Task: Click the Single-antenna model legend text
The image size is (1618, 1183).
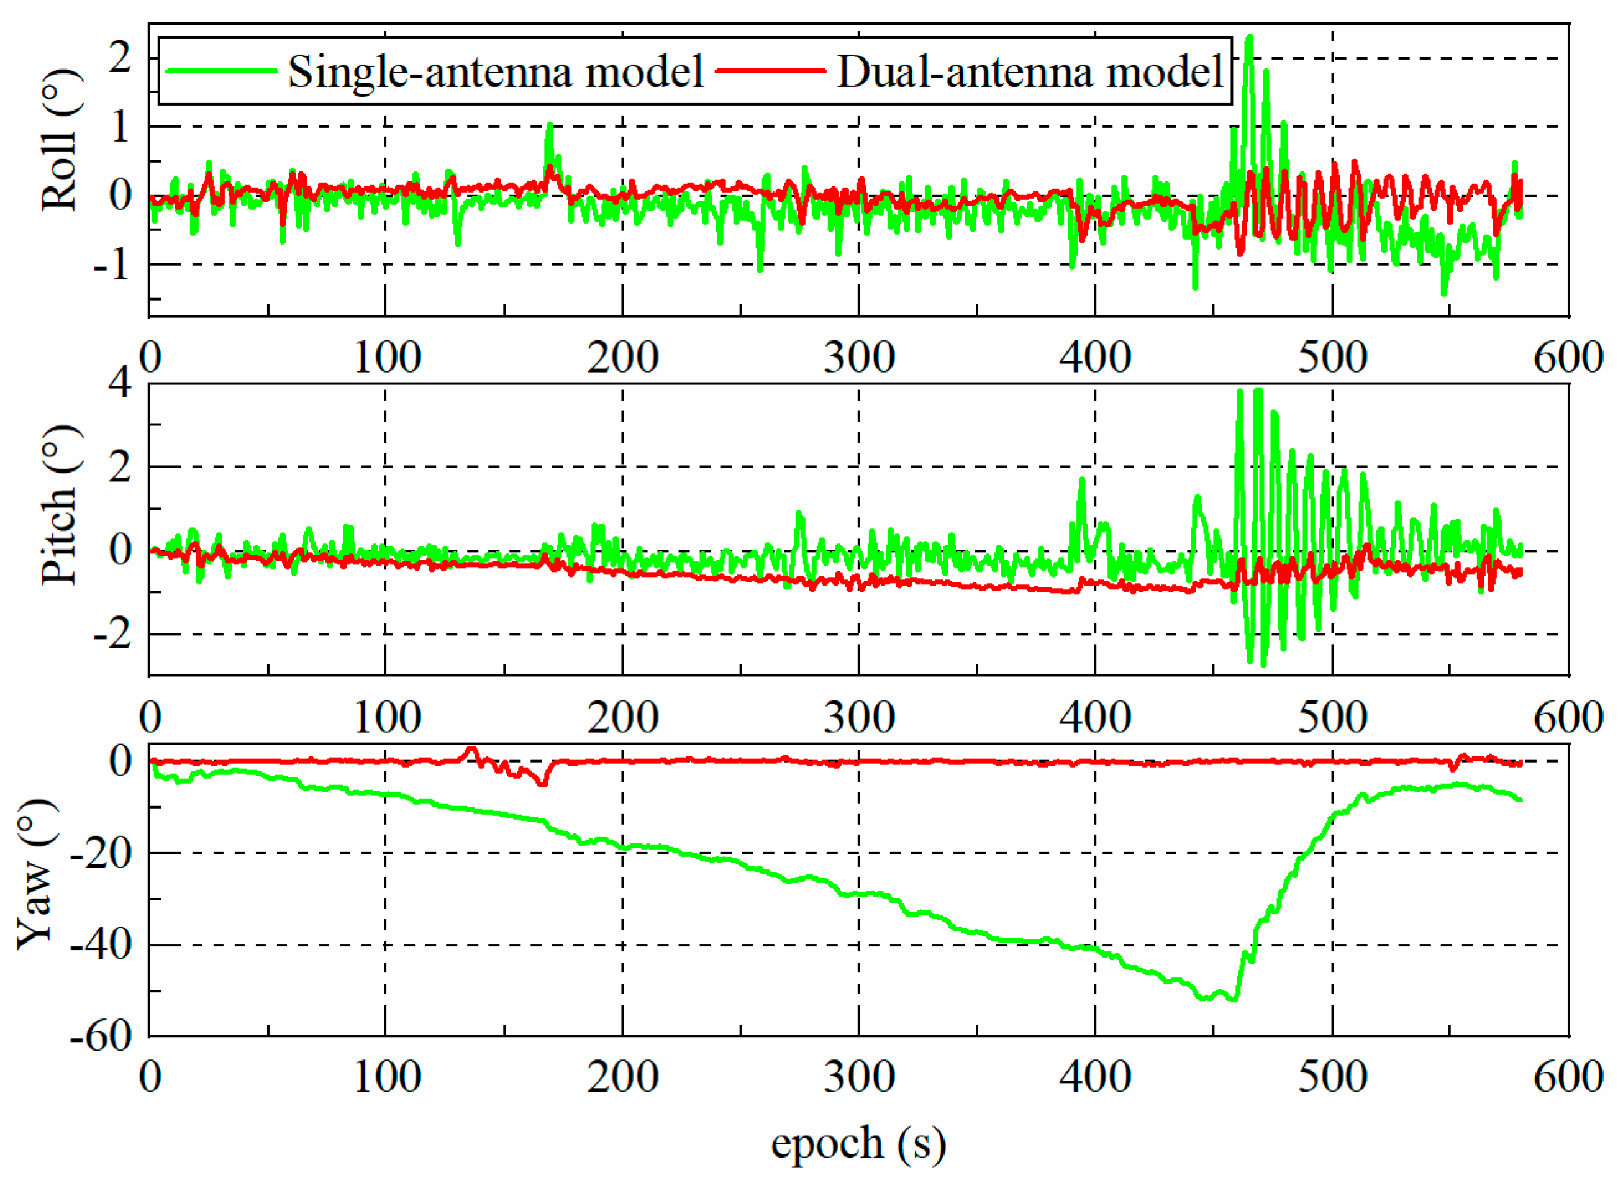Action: point(496,72)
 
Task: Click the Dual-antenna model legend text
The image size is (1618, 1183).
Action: point(1029,72)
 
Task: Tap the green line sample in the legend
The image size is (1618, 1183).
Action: point(221,70)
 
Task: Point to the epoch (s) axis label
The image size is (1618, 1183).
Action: point(858,1143)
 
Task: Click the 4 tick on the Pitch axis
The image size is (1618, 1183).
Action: point(120,384)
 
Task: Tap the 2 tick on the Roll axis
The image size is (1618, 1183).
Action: point(120,57)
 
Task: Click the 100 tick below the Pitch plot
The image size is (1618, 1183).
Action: point(387,717)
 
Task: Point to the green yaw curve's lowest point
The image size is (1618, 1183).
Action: point(1234,1000)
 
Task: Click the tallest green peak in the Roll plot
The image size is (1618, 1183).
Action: point(1249,37)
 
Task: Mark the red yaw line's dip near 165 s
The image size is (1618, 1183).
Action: point(543,784)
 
